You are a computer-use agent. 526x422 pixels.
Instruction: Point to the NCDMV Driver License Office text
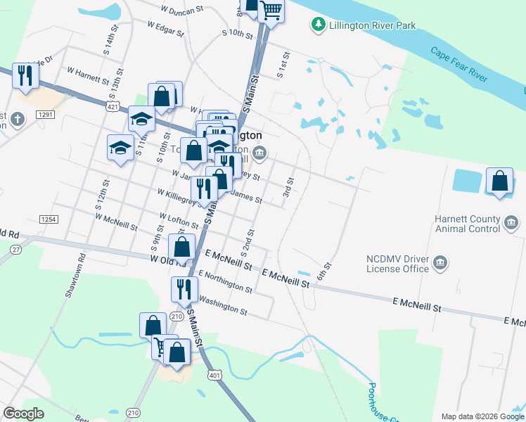[397, 263]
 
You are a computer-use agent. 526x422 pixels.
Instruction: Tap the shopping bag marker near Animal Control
[499, 181]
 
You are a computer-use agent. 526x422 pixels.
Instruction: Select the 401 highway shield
[214, 376]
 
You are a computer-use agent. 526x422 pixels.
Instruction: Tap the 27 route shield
[15, 249]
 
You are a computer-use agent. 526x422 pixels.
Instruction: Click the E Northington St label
[225, 281]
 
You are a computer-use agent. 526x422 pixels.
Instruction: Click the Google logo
[24, 414]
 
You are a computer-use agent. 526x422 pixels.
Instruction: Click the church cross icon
[18, 120]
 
